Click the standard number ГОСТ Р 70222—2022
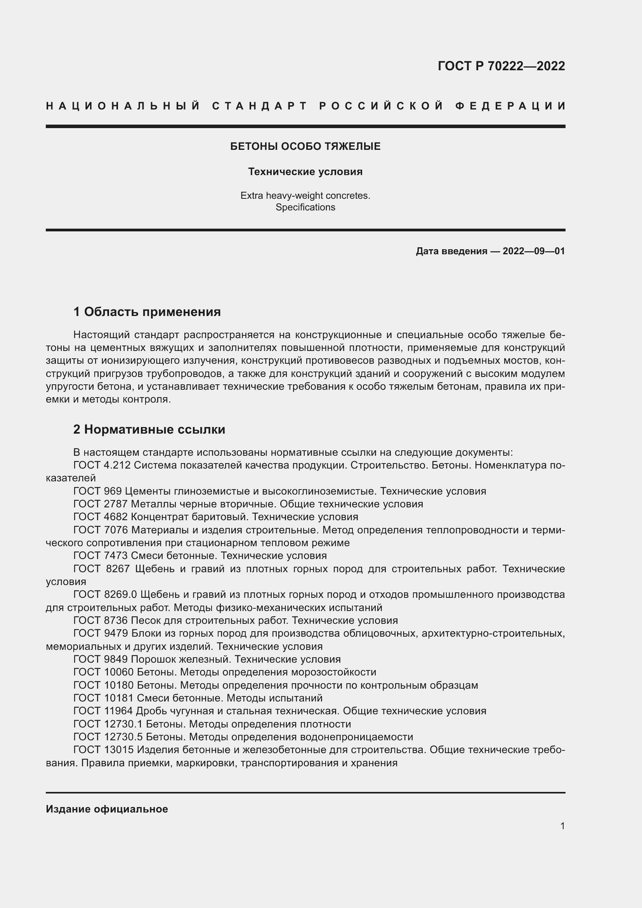(501, 66)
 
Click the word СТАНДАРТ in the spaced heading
(260, 106)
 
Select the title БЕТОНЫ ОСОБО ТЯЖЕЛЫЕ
(305, 146)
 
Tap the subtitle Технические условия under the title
(305, 172)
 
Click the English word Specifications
(305, 207)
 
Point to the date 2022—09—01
(533, 251)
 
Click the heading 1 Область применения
(147, 312)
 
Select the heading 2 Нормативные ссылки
(149, 429)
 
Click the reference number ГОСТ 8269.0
(105, 594)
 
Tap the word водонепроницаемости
(356, 737)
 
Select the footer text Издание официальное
(107, 809)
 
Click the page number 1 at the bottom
(562, 826)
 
